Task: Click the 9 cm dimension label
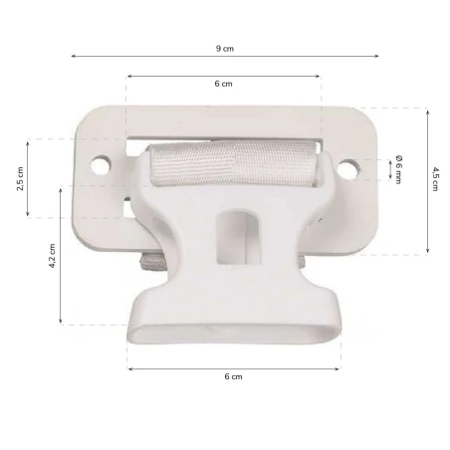point(225,48)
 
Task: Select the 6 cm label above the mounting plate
point(224,85)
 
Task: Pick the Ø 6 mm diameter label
point(397,168)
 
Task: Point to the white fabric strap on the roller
point(234,164)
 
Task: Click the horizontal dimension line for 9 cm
point(149,56)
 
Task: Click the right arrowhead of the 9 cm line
point(377,56)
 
